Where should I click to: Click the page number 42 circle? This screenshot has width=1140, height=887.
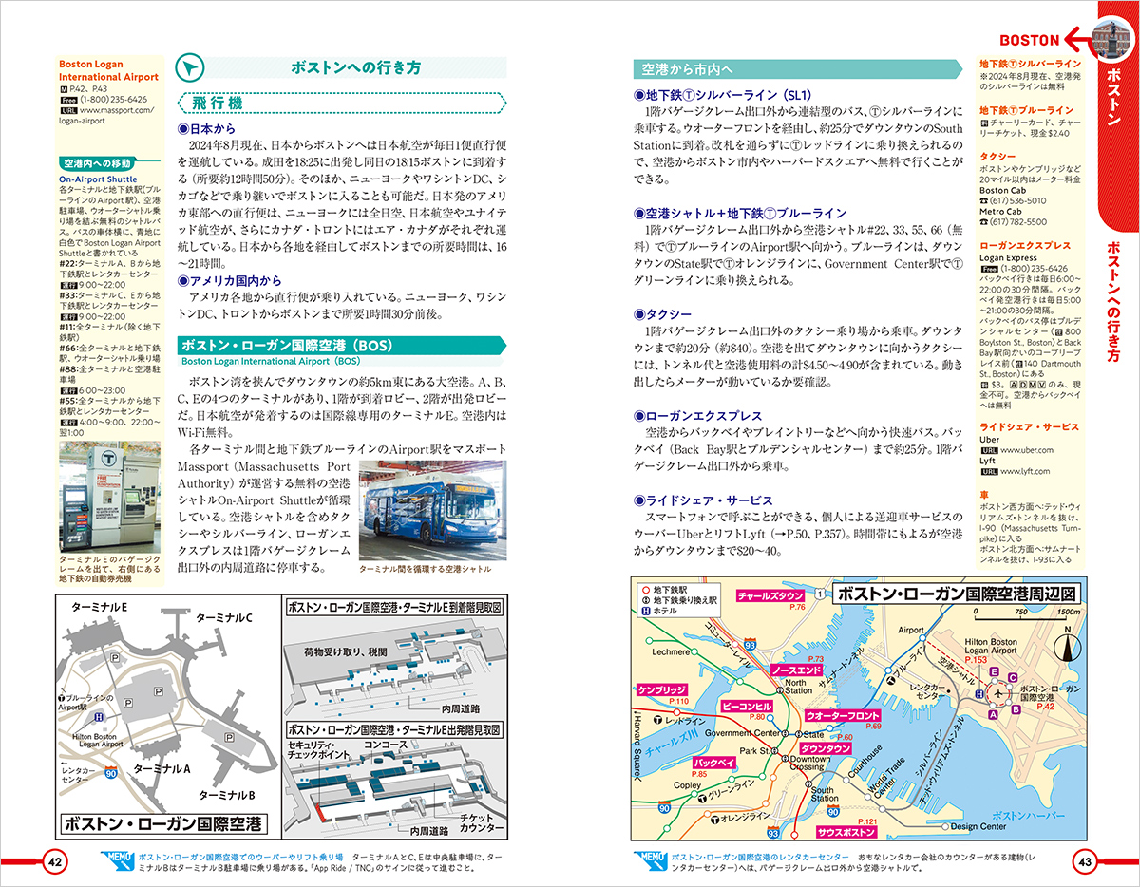tap(55, 862)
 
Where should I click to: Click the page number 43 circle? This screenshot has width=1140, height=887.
tap(1085, 862)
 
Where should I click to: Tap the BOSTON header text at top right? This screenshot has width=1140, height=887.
tap(1030, 40)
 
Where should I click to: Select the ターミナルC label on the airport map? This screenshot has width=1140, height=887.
tap(223, 618)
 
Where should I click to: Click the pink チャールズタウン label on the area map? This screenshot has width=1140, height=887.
tap(771, 596)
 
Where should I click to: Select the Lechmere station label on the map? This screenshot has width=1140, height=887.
tap(671, 652)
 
